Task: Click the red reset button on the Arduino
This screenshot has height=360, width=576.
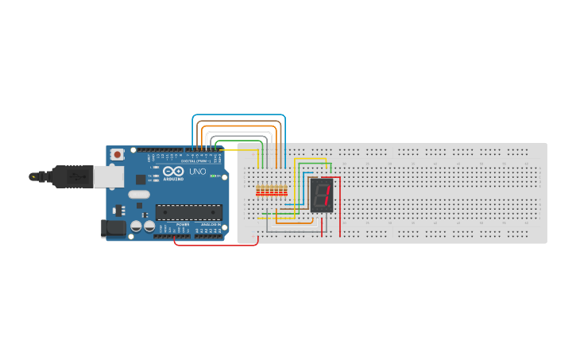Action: point(118,153)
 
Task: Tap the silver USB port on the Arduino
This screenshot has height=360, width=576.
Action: point(107,176)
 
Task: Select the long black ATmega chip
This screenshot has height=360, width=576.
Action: point(188,211)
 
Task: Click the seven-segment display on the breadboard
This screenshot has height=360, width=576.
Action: point(321,195)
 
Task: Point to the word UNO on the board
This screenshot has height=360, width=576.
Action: point(197,172)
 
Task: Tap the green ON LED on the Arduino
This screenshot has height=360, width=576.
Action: point(212,176)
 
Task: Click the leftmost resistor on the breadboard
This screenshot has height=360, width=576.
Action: point(257,191)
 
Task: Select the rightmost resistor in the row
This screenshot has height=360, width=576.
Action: point(286,191)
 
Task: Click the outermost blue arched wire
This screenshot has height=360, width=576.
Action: point(238,115)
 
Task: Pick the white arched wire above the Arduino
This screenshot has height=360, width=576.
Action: point(238,131)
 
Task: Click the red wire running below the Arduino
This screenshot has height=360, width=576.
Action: point(215,245)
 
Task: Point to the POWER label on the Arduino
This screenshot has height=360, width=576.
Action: point(182,225)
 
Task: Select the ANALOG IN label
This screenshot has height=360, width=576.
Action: point(211,225)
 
